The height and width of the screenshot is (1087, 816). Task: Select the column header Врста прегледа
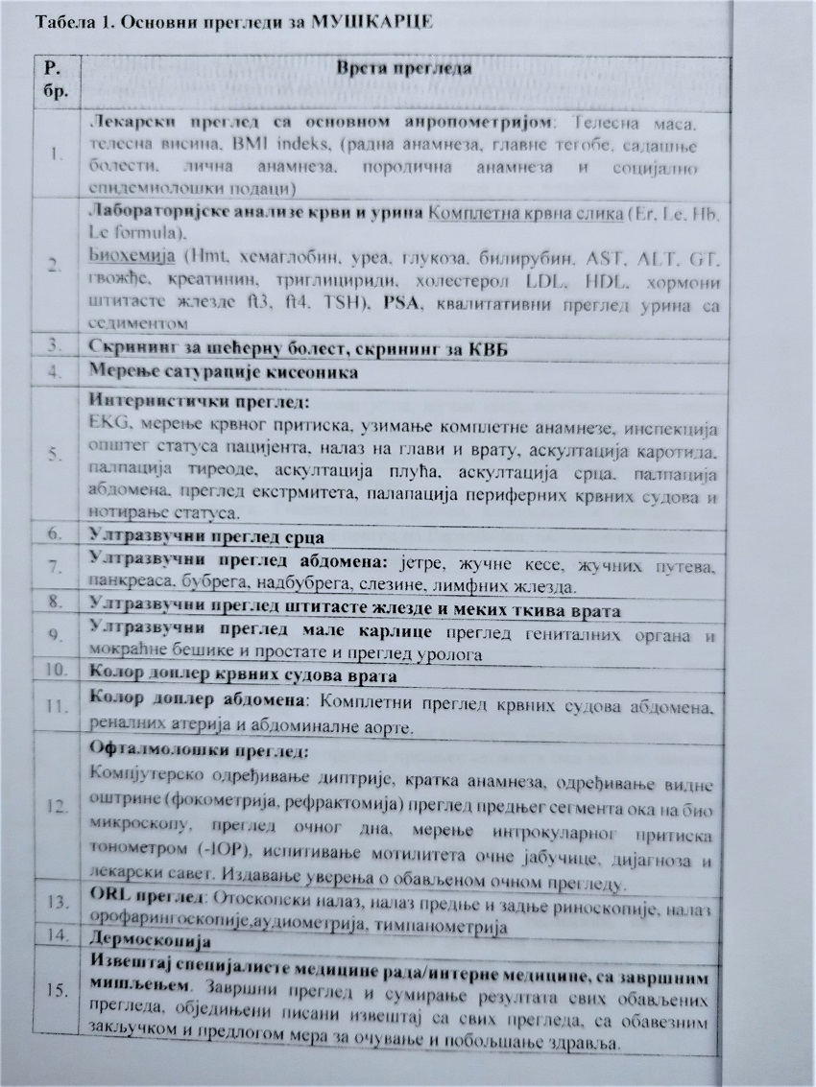click(397, 68)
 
